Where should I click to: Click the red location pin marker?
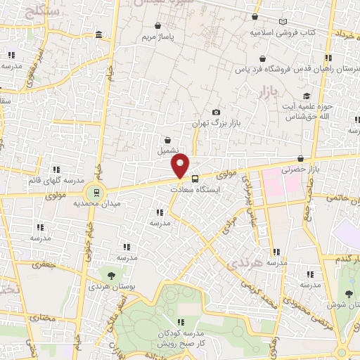point(181,166)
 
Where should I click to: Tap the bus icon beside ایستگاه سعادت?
point(195,179)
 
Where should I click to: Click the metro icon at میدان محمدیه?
point(92,191)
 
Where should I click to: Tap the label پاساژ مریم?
point(156,35)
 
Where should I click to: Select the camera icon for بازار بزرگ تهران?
point(216,112)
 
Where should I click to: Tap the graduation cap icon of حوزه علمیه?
point(306,96)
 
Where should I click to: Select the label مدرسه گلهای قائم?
point(56,180)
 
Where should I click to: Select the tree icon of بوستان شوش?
point(349,294)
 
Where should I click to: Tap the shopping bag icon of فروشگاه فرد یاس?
point(262,58)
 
